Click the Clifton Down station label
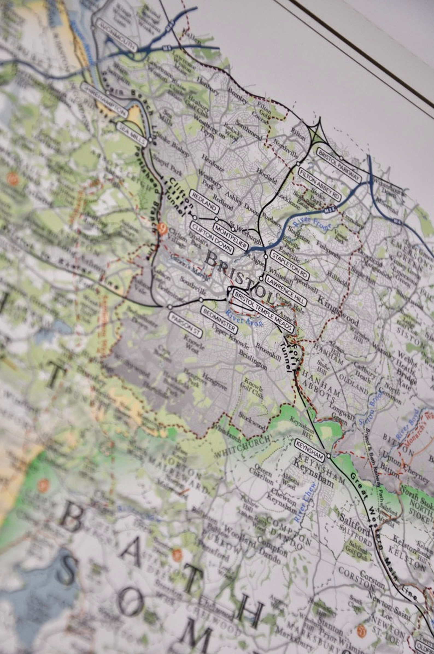(x=212, y=238)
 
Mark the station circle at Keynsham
(x=328, y=455)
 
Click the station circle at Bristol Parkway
(x=341, y=158)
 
